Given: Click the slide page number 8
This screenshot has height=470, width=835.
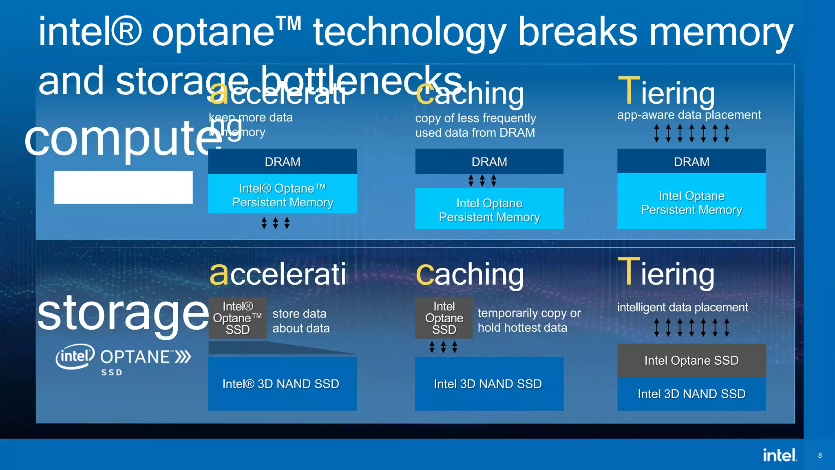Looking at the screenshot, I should click(x=820, y=455).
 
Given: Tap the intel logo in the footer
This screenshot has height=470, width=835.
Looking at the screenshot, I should click(x=779, y=455).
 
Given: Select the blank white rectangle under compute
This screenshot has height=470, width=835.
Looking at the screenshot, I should click(x=123, y=187).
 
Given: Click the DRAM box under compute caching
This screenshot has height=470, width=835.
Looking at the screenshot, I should click(x=489, y=162).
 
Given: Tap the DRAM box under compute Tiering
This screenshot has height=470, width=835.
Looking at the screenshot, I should click(x=691, y=162).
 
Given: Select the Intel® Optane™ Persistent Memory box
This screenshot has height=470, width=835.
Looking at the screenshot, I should click(x=283, y=195).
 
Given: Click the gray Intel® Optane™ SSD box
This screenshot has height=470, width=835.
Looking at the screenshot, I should click(x=238, y=318).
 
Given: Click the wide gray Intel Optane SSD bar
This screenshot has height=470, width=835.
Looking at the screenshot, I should click(x=691, y=360).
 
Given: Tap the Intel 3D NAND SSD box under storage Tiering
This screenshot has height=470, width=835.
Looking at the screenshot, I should click(x=691, y=394).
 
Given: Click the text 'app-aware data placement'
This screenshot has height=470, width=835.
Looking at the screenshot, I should click(x=689, y=115).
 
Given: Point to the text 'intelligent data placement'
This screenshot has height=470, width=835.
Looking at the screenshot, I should click(x=683, y=307).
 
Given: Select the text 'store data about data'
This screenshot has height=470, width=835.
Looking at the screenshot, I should click(x=301, y=321).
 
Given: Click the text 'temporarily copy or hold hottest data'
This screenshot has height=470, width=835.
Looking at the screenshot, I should click(x=529, y=320).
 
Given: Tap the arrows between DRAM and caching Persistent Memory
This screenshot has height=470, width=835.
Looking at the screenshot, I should click(x=482, y=180).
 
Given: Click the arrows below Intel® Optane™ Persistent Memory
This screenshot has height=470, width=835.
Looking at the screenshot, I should click(x=276, y=223).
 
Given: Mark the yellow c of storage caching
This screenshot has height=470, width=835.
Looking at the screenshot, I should click(x=425, y=274).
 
